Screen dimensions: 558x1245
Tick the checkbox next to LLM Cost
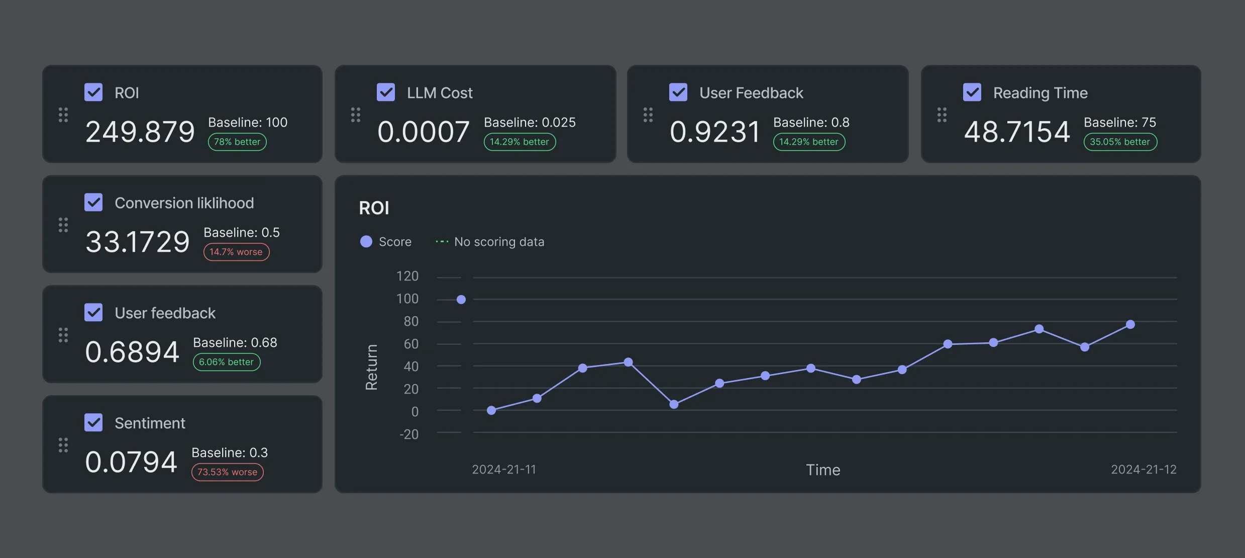pos(386,92)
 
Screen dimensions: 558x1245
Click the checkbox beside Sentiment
pos(93,422)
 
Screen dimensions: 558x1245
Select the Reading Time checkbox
pos(972,92)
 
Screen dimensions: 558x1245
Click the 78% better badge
pos(237,142)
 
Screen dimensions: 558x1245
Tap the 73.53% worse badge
pos(227,472)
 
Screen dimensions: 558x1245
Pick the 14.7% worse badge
pos(236,252)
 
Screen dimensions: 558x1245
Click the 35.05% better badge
pos(1120,142)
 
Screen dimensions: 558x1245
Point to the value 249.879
pos(140,132)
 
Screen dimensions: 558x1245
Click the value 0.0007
pos(423,132)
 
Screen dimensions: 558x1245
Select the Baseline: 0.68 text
pos(235,342)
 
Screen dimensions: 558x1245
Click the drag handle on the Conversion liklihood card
pos(63,225)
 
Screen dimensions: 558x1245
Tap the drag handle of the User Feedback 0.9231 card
pos(648,115)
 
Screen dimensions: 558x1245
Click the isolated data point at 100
pos(461,300)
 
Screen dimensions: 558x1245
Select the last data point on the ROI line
pos(1130,325)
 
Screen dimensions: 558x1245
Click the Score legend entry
pos(386,242)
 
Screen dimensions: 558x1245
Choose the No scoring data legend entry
pos(490,242)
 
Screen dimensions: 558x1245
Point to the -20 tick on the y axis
pos(408,434)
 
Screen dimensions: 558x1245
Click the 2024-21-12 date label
pos(1143,470)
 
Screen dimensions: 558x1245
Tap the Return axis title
pos(371,367)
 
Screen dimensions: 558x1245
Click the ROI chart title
pos(374,208)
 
